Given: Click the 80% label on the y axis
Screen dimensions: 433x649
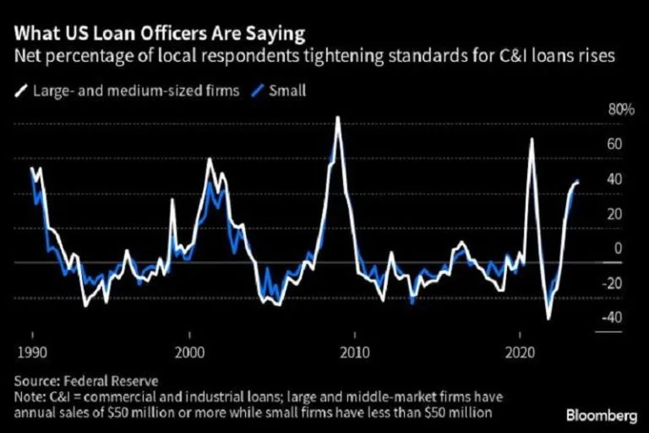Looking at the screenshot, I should [621, 110].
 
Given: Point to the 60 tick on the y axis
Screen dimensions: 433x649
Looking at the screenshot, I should [614, 145].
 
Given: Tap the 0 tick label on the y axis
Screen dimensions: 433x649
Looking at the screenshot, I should [617, 248].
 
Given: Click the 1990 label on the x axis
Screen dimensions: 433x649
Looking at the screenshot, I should [30, 350].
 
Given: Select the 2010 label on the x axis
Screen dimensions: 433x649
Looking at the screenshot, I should [356, 350].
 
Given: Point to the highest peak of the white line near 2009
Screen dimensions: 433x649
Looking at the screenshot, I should [337, 118].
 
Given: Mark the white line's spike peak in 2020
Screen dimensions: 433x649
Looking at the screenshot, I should [532, 139].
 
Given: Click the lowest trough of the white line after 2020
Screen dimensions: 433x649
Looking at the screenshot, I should [548, 319].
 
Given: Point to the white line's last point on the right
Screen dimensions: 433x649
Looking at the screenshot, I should [578, 182].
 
